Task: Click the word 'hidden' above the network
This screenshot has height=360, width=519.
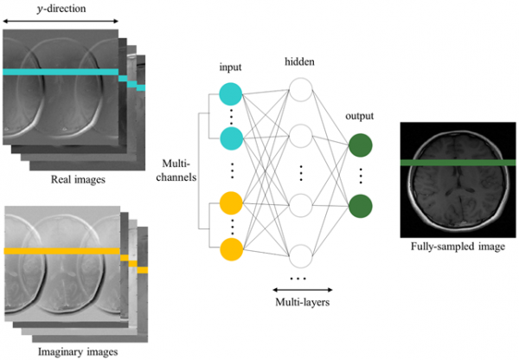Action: tap(299, 62)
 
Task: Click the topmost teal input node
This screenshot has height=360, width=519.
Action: tap(231, 93)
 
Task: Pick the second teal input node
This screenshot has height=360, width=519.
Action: tap(231, 137)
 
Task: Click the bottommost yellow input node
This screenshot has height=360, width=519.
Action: tap(231, 250)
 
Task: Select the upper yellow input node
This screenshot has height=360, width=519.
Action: tap(231, 204)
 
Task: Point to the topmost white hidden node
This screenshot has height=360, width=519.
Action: tap(300, 91)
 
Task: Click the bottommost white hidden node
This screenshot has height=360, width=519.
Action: tap(300, 255)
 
